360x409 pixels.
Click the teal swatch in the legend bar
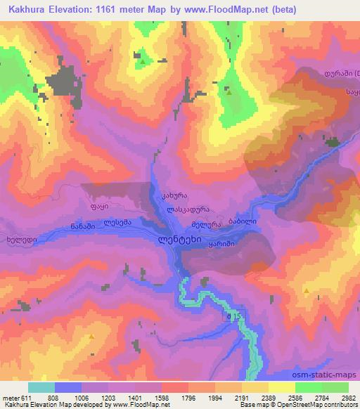point(41,387)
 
